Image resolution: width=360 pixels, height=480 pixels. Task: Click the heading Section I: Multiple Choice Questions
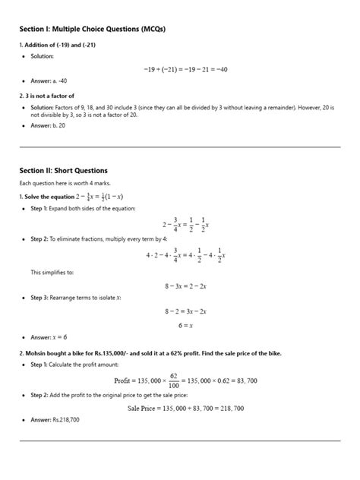(x=92, y=29)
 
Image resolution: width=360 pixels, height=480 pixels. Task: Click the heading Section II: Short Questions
(x=63, y=170)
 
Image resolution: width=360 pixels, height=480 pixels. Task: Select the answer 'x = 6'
(x=59, y=337)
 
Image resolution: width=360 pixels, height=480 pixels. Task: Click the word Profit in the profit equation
(x=126, y=381)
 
